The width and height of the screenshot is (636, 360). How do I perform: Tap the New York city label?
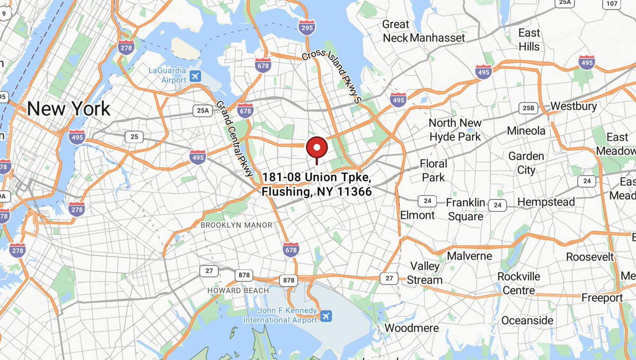69,109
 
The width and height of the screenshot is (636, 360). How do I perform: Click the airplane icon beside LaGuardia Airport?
195,76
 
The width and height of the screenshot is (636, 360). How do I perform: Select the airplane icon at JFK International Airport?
326,316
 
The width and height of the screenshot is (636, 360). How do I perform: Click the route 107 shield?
612,4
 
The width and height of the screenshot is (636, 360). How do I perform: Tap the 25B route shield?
528,108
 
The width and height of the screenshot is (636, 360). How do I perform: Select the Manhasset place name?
438,38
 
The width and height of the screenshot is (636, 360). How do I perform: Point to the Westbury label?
573,106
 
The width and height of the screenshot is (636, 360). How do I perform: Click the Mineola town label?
526,130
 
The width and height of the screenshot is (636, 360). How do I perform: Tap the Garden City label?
526,163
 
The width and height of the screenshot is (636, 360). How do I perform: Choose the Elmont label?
418,215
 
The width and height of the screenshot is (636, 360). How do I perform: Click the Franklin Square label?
465,209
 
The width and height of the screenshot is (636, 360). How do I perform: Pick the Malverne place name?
470,256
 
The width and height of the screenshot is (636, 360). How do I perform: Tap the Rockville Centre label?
519,284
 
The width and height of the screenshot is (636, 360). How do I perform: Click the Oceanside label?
527,320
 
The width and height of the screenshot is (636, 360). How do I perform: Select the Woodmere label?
412,328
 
